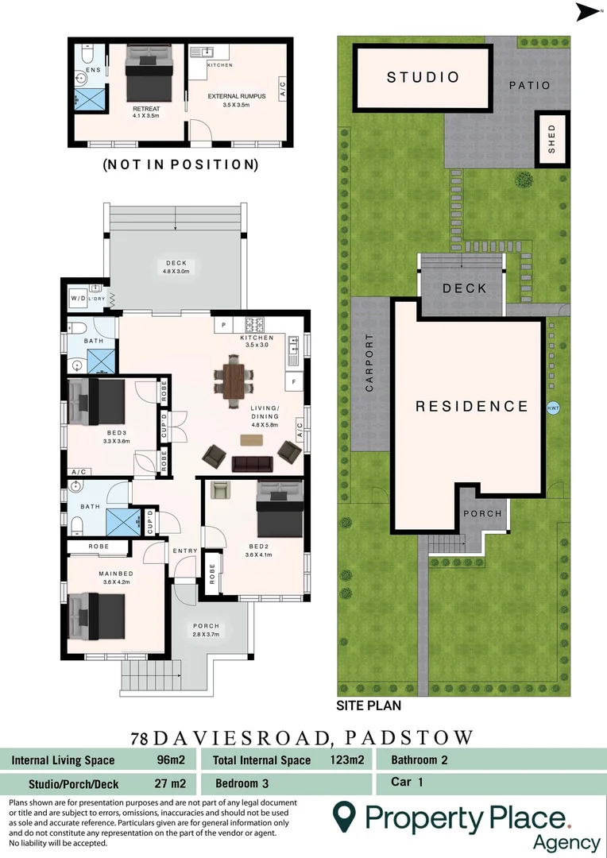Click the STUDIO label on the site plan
tap(423, 77)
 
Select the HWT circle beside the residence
tap(554, 408)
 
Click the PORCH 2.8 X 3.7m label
tap(206, 629)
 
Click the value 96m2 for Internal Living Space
tap(171, 760)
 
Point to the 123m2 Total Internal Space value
tap(346, 760)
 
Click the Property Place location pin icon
tap(343, 816)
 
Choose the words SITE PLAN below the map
tap(369, 705)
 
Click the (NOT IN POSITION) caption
tap(180, 165)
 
